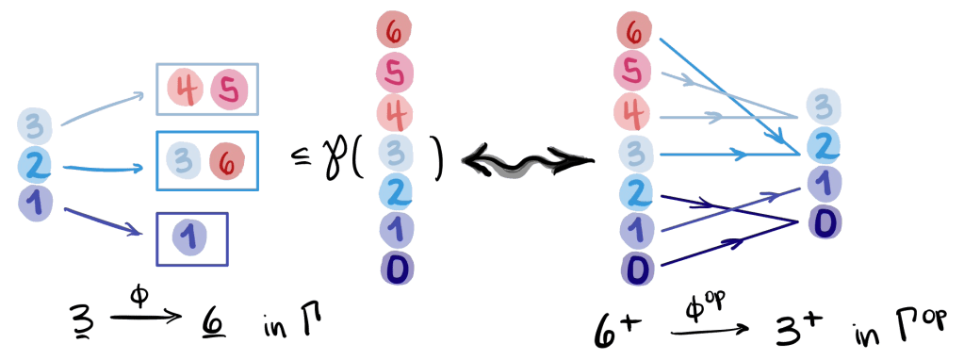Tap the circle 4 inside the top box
click(185, 90)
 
